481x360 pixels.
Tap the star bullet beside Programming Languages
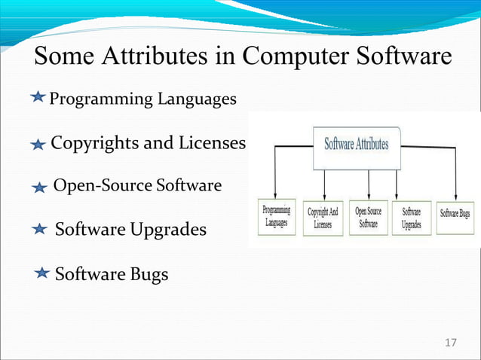coord(40,99)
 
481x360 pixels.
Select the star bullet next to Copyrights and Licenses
coord(39,145)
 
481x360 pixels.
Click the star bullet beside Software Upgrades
coord(42,229)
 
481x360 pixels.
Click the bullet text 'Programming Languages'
coord(142,99)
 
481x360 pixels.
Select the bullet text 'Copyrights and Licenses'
coord(148,143)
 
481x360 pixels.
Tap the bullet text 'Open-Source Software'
coord(137,185)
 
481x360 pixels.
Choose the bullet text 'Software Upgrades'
coord(130,229)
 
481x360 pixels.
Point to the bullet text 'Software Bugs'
coord(112,274)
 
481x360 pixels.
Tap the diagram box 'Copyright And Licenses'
coord(323,218)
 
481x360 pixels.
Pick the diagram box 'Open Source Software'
coord(368,218)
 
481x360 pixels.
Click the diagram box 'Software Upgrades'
coord(412,218)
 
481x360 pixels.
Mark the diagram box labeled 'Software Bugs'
coord(458,214)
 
